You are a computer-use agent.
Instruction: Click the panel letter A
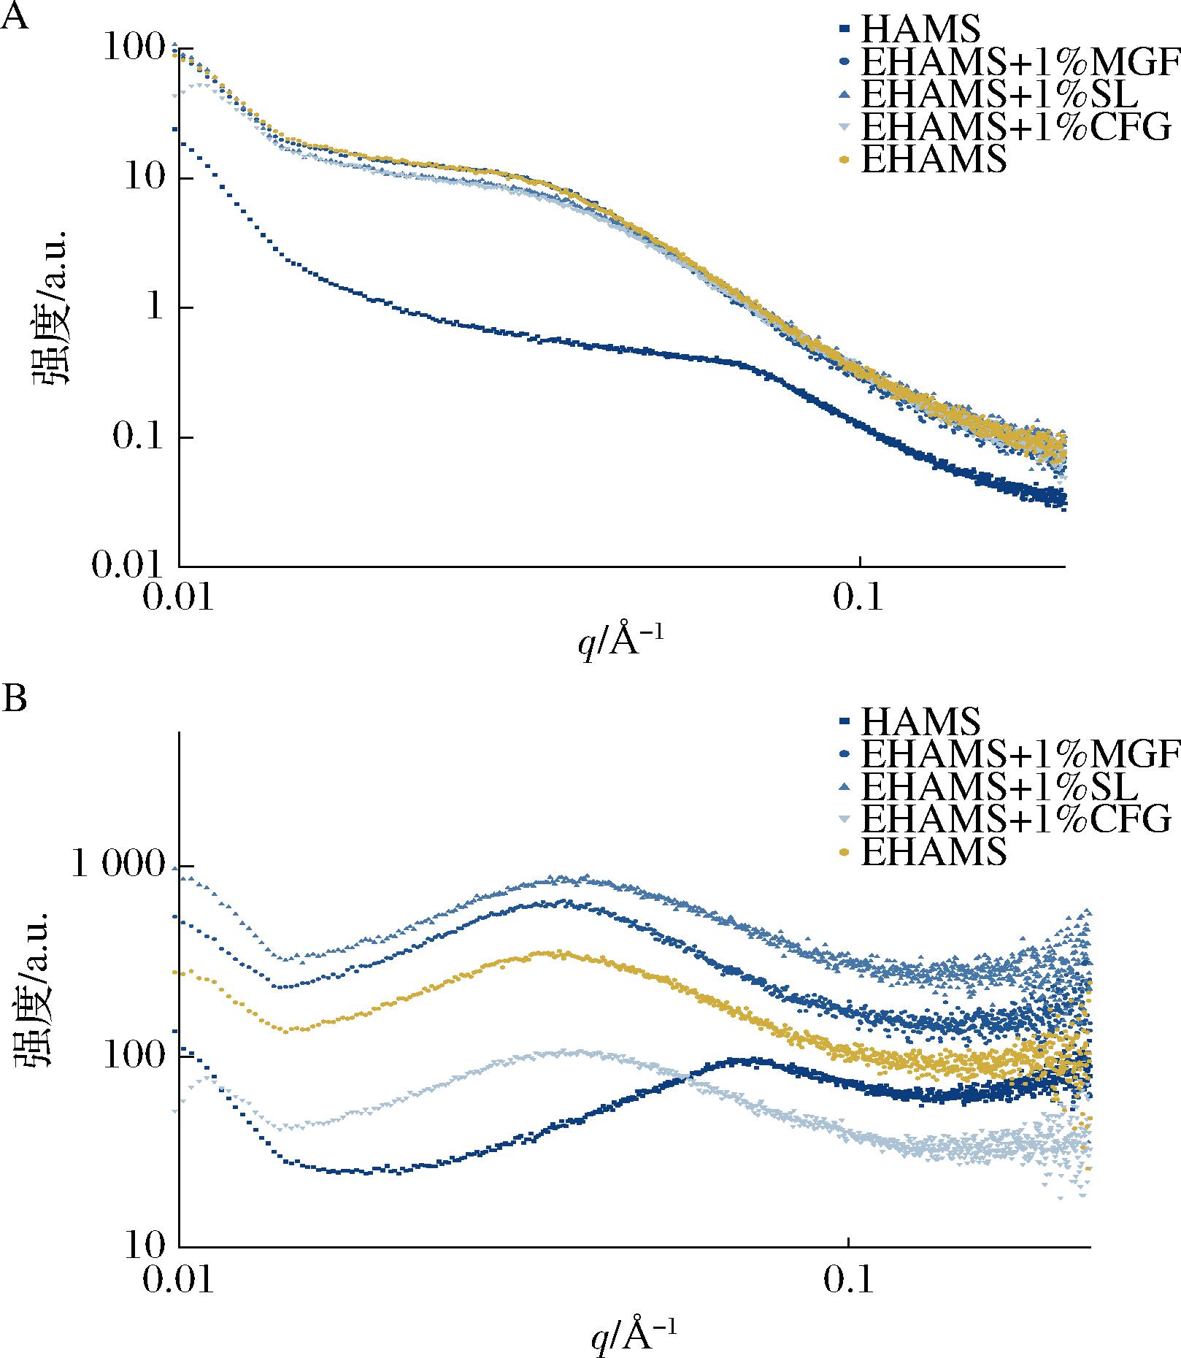coord(16,16)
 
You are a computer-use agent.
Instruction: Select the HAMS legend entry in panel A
coord(920,30)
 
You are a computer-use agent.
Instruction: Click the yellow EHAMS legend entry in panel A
coord(934,159)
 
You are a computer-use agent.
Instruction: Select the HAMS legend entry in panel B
coord(920,721)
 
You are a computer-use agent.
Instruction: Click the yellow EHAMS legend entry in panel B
coord(934,851)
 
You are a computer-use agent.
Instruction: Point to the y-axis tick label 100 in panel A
coord(138,50)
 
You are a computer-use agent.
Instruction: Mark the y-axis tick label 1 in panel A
coord(156,308)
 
